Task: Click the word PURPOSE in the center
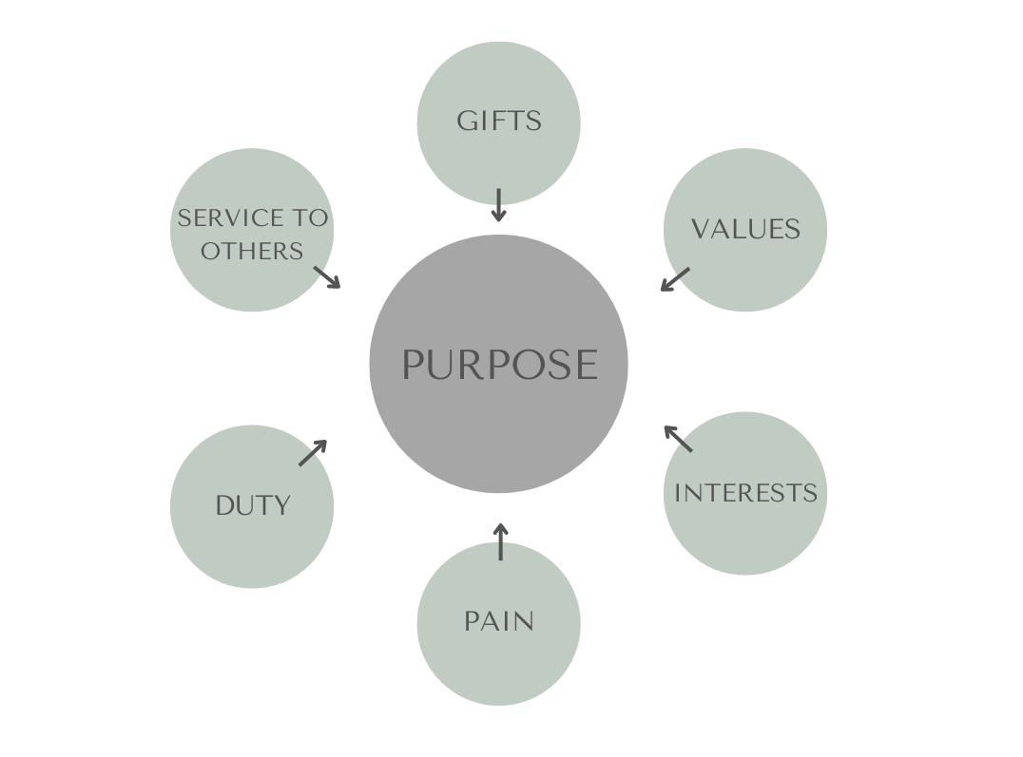pyautogui.click(x=499, y=365)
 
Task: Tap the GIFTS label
pyautogui.click(x=499, y=122)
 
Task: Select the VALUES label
pyautogui.click(x=745, y=230)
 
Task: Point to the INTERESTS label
pyautogui.click(x=745, y=493)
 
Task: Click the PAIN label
pyautogui.click(x=499, y=621)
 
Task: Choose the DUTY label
pyautogui.click(x=252, y=506)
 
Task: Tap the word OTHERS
pyautogui.click(x=252, y=252)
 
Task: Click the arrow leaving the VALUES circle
pyautogui.click(x=675, y=279)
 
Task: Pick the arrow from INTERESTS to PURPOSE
pyautogui.click(x=678, y=438)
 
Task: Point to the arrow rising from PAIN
pyautogui.click(x=501, y=541)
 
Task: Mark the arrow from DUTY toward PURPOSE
pyautogui.click(x=313, y=452)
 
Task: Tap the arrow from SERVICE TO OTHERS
pyautogui.click(x=327, y=276)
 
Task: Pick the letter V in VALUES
pyautogui.click(x=700, y=230)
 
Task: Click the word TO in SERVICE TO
pyautogui.click(x=309, y=218)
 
